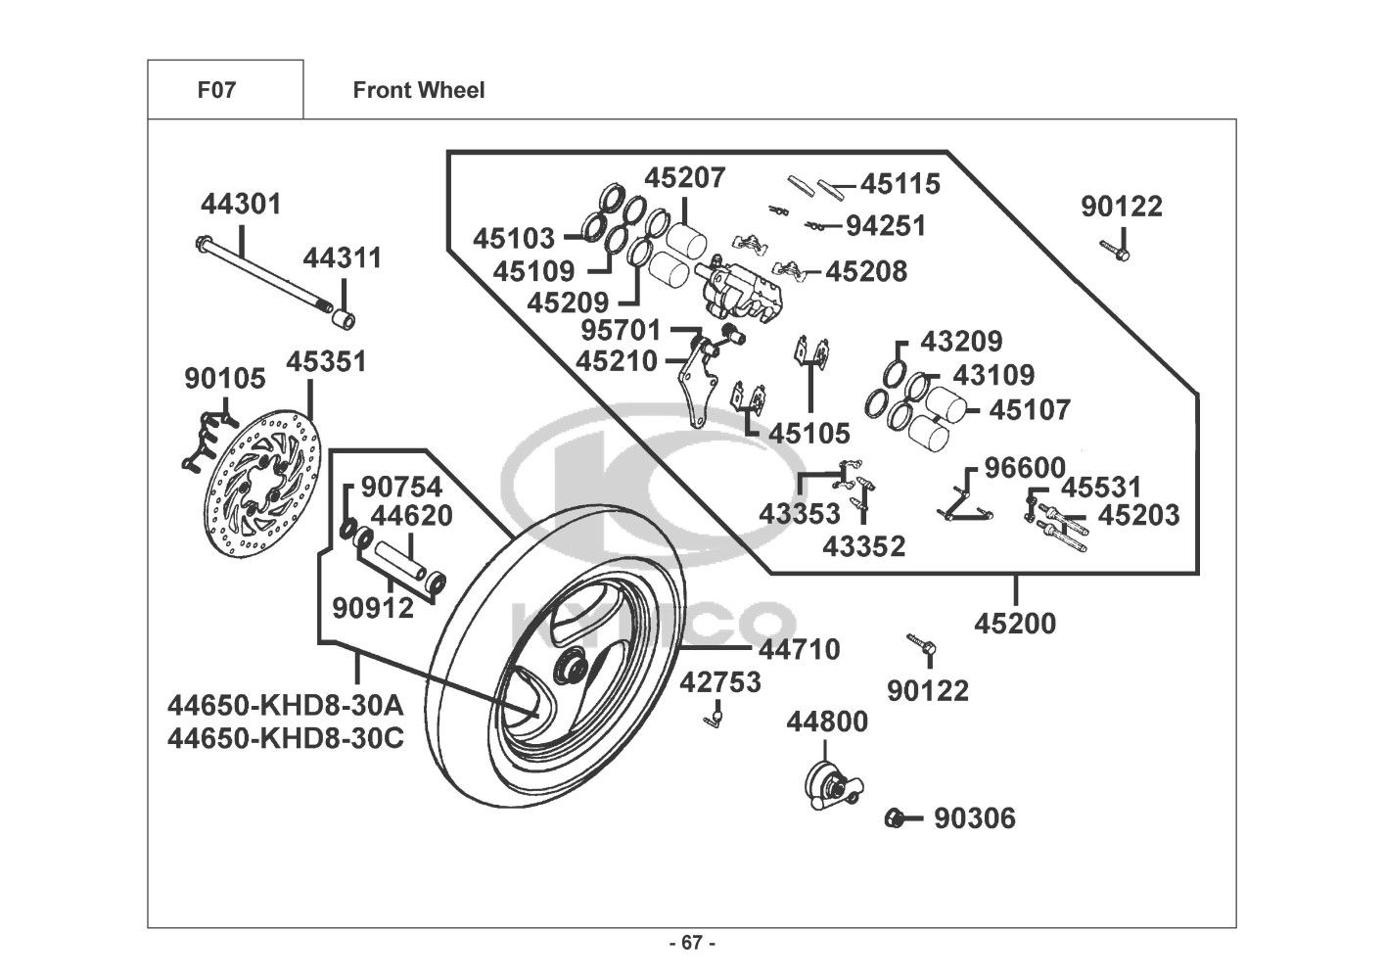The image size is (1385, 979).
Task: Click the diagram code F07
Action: (216, 90)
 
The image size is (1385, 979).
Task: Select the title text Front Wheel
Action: (418, 90)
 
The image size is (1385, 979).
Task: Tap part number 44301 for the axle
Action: (241, 205)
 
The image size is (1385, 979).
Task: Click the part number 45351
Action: (326, 362)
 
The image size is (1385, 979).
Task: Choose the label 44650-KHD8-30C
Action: (285, 737)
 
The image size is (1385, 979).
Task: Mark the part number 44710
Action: (799, 649)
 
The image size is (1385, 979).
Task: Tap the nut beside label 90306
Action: (893, 818)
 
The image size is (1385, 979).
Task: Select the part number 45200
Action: (1015, 624)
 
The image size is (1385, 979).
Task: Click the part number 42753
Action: (720, 682)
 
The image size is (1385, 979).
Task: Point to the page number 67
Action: (692, 943)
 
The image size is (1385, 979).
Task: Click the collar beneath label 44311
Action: (344, 319)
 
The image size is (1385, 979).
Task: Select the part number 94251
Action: (886, 226)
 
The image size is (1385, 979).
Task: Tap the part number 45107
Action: (1030, 409)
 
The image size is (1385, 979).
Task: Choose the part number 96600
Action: (1024, 468)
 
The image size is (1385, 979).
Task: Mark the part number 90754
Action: (401, 487)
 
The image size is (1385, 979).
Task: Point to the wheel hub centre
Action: (567, 670)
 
